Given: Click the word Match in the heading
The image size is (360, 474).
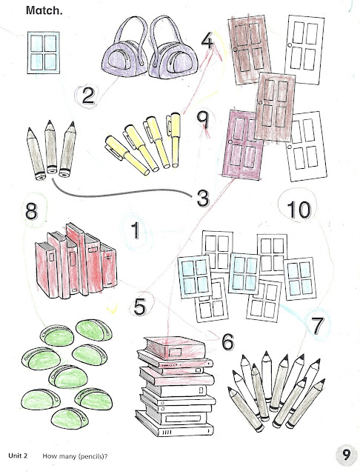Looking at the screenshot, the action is point(44,10).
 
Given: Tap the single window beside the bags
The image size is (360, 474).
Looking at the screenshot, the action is point(43,53).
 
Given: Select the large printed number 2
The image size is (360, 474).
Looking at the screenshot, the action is point(88,96).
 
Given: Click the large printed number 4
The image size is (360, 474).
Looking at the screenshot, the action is point(207,41).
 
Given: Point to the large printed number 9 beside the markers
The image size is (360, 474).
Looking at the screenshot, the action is point(203,120).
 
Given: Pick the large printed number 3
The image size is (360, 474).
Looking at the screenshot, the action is point(202,198).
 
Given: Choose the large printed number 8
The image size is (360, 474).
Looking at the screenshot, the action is point(31,210).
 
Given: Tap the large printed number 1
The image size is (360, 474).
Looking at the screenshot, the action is point(136,230).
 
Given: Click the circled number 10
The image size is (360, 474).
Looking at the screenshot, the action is point(299,210).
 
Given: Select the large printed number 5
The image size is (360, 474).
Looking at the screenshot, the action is point(140,307).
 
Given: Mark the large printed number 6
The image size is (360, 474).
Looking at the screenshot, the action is point(228,341).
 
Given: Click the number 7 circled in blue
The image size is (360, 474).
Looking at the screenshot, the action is point(317,326).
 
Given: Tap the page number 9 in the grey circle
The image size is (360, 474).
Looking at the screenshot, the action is point(347,454).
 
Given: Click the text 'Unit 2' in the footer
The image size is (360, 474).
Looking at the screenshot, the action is point(18,455).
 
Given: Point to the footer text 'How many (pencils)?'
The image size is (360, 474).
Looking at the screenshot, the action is point(75,456).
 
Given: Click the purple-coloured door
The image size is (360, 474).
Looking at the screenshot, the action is point(243,144).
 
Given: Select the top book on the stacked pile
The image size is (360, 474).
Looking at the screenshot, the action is point(175,347).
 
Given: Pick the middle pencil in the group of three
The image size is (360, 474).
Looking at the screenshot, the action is point(51,147).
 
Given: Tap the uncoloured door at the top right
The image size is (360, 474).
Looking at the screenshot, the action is point(304,50).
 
